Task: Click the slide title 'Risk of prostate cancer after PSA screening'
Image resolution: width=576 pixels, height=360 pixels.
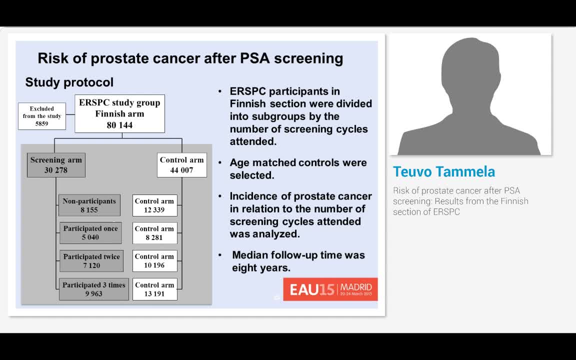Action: coord(190,58)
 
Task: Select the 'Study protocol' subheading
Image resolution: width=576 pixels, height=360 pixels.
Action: coord(69,82)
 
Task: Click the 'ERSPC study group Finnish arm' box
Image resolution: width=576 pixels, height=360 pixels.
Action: coord(119,113)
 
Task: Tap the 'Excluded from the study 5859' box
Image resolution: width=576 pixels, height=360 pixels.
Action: coord(42,116)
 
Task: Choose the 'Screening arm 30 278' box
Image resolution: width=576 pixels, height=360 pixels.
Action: coord(56,165)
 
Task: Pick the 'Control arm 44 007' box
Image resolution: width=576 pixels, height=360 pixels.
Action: coord(181,165)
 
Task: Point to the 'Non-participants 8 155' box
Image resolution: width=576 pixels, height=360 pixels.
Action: coord(89,205)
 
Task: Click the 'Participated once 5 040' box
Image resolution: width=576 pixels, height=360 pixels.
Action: coord(90,233)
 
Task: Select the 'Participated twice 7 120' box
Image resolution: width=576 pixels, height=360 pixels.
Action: coord(91,261)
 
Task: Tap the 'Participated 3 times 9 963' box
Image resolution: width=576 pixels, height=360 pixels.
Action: coord(94,289)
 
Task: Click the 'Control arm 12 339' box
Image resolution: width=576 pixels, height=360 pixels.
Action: coord(154,205)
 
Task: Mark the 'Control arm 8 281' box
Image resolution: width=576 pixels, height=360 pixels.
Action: coord(154,233)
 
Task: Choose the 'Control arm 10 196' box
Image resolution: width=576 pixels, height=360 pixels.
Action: coord(154,261)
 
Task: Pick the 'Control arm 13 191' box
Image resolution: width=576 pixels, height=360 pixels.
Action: coord(154,289)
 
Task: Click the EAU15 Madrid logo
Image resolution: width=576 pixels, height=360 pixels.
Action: coord(330,289)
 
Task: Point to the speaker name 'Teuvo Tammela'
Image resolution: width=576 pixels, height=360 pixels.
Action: coord(444,171)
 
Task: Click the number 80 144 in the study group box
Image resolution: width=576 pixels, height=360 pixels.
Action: coord(119,125)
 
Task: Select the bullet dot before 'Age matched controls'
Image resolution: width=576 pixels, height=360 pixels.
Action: coord(220,163)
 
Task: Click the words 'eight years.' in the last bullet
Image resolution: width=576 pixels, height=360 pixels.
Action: coord(261,268)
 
